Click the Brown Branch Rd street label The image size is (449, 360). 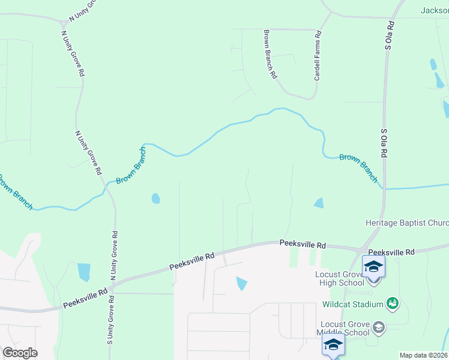point(270,55)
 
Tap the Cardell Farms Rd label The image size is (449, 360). point(318,57)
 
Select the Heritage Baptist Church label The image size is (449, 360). point(407,223)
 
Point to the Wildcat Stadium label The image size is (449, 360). point(352,304)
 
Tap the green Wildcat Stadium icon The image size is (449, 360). point(393,304)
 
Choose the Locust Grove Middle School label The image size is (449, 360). point(345,328)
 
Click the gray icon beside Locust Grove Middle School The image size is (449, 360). point(378,328)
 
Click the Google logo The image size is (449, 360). point(20,353)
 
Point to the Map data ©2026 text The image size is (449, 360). point(423,355)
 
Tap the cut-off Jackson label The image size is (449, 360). point(434,10)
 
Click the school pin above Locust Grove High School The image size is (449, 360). point(373,266)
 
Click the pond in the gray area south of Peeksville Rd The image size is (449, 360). point(241,283)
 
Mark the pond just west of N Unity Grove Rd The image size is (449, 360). point(83,271)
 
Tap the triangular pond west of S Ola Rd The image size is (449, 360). point(319,203)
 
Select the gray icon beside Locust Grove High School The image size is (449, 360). point(374,281)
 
